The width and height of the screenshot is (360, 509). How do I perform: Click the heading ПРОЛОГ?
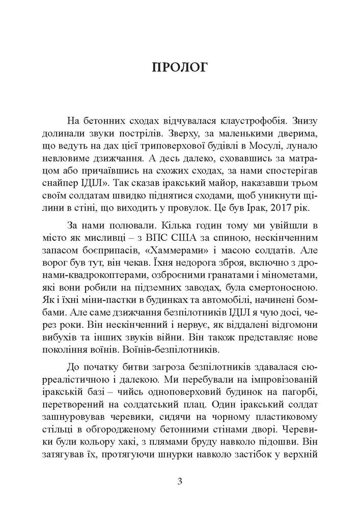tap(180, 67)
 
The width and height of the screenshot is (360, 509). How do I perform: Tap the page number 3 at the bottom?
tap(180, 481)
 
